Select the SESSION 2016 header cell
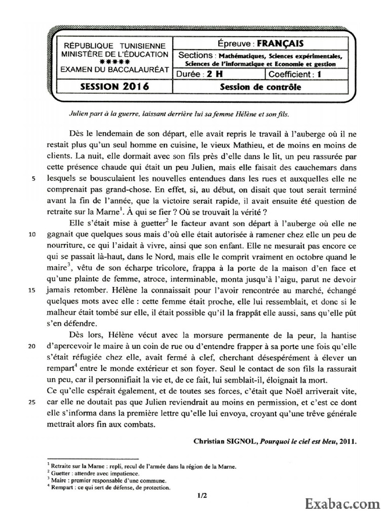click(x=114, y=87)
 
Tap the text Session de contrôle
click(x=260, y=87)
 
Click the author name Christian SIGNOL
click(x=225, y=441)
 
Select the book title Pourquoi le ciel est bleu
click(x=302, y=441)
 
